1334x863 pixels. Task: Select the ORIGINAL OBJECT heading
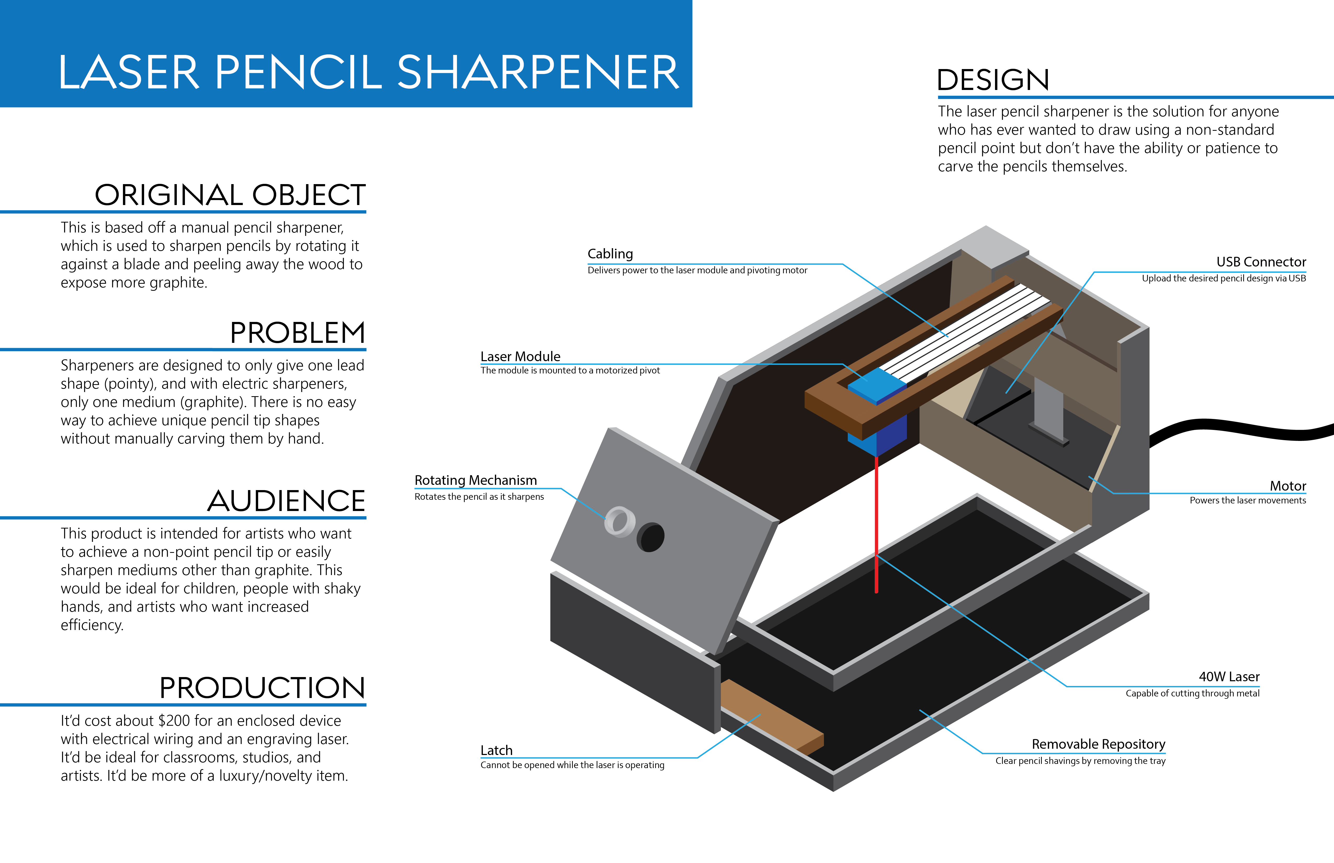[x=230, y=195]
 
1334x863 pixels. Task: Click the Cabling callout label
[x=610, y=254]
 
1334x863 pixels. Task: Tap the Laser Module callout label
[x=520, y=356]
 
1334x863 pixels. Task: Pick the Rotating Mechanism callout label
[x=475, y=480]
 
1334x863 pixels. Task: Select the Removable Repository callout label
[x=1099, y=744]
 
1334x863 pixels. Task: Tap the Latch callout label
[x=496, y=750]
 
